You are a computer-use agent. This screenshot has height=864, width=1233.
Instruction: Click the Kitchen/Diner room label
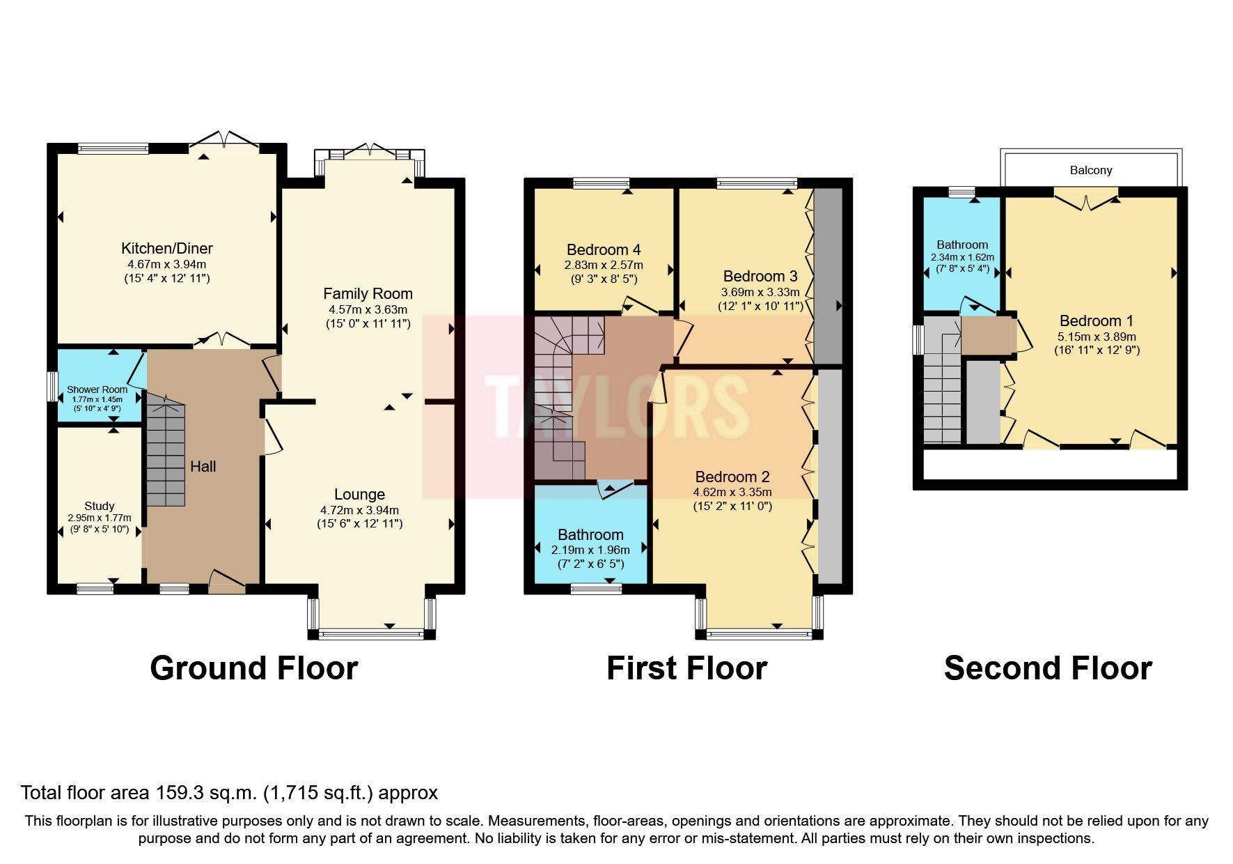tap(166, 248)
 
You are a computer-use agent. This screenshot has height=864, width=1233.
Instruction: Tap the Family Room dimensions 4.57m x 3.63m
tap(368, 309)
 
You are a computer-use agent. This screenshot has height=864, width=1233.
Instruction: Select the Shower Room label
tap(97, 389)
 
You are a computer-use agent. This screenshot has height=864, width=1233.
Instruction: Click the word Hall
tap(203, 466)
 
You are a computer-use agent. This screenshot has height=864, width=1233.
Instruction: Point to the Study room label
tap(99, 506)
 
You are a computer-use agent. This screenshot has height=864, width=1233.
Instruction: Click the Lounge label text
tap(359, 494)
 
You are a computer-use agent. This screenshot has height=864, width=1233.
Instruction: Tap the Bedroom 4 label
tap(603, 249)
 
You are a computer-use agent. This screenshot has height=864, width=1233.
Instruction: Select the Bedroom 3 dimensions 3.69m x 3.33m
tap(760, 292)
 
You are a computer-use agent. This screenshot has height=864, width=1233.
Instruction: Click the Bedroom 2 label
tap(732, 477)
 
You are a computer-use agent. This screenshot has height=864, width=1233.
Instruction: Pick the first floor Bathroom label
tap(590, 534)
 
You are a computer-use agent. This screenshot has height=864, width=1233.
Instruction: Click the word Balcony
tap(1090, 170)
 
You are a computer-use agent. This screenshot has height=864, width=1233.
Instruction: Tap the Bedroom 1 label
tap(1096, 321)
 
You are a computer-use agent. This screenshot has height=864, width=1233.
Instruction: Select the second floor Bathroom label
tap(962, 245)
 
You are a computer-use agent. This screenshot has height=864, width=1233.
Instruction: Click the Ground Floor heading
tap(253, 668)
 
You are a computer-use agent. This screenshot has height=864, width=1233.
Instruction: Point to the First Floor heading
tap(686, 668)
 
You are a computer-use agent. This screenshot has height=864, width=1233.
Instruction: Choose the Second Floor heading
tap(1047, 668)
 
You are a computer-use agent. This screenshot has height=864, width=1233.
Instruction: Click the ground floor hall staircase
tap(166, 453)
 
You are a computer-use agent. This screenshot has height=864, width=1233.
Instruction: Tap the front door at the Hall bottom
tap(227, 583)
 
